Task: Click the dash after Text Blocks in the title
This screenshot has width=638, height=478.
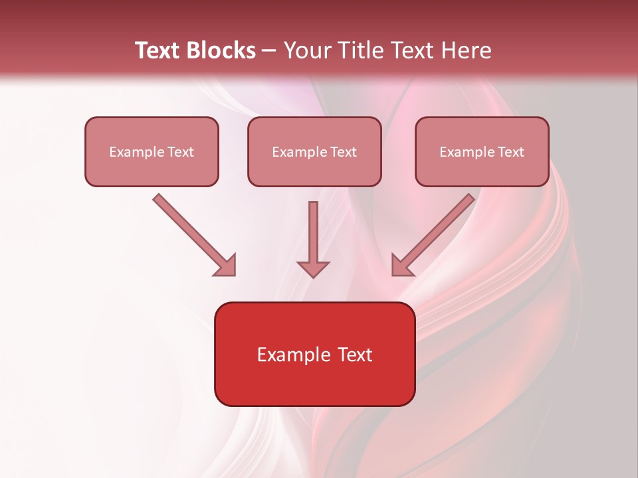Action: coord(269,51)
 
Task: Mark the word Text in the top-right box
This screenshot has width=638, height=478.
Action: coord(511,152)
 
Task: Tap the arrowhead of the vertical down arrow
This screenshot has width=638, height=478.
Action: coord(313,268)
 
